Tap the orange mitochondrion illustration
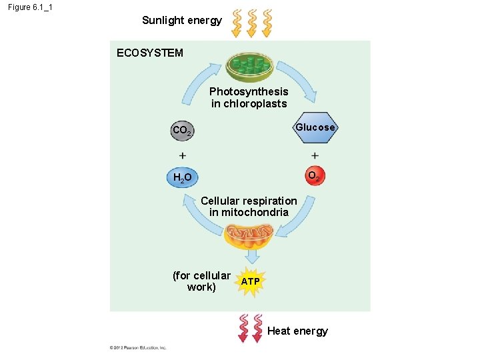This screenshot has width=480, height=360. (x=249, y=235)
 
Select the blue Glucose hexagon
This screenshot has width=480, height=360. (x=315, y=127)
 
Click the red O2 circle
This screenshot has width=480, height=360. (x=313, y=175)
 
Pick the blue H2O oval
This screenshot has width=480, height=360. (x=182, y=177)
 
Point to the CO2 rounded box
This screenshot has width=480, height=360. (x=181, y=131)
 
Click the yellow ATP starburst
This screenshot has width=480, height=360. (x=251, y=282)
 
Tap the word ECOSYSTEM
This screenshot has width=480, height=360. (x=149, y=53)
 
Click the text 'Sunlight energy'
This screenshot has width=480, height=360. (x=182, y=21)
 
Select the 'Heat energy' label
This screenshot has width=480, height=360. (x=297, y=331)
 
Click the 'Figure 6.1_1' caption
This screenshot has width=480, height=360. (x=31, y=7)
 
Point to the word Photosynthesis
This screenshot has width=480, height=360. (x=249, y=91)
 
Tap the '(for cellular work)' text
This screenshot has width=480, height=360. (x=201, y=281)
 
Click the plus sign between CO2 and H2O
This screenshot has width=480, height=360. (x=183, y=155)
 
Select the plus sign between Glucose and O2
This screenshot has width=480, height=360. (x=315, y=155)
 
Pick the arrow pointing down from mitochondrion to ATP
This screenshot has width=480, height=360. (x=251, y=256)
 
